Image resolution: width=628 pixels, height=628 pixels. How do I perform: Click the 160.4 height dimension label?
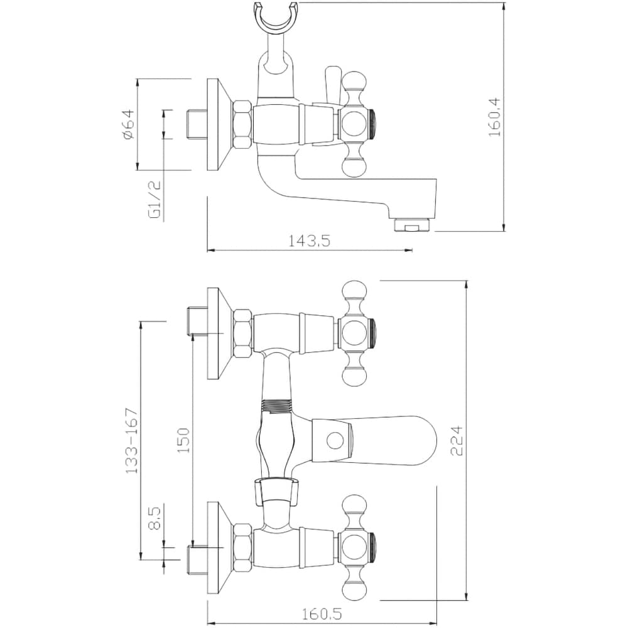coord(495,117)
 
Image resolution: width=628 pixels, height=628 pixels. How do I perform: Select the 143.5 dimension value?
coord(309,241)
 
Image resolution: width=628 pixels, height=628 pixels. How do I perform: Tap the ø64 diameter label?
coord(129,124)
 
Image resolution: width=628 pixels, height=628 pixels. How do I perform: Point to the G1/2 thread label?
coord(154,199)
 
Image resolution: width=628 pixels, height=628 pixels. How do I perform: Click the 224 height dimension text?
coord(457,441)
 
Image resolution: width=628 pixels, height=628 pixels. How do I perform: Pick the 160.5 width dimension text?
coord(322,614)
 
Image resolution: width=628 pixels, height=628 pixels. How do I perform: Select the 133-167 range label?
coord(131,441)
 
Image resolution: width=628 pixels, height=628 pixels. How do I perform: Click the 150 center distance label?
coord(183,441)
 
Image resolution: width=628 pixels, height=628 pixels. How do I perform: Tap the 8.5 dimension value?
coord(154,518)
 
